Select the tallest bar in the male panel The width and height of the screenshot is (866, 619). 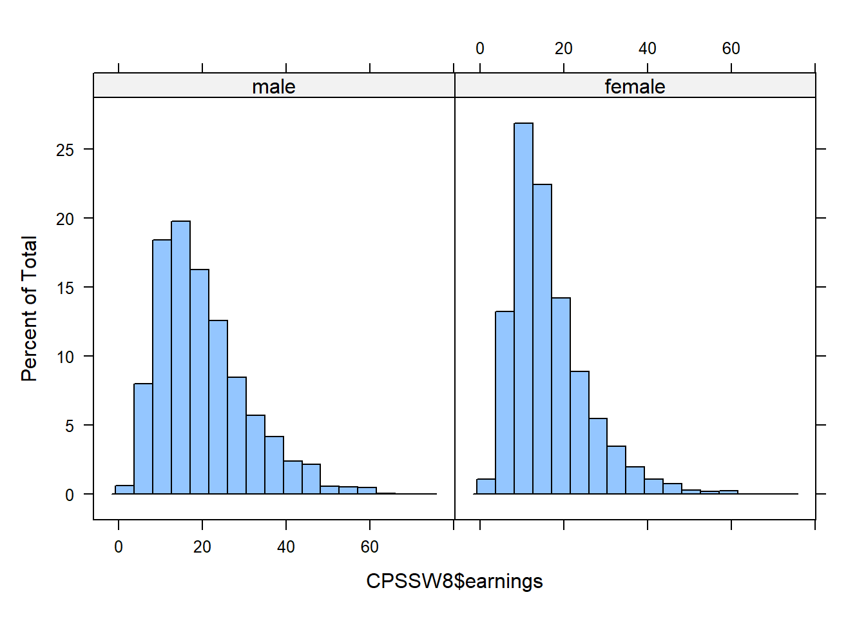(180, 358)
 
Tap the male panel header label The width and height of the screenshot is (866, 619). (274, 86)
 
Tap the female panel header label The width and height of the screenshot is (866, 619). (635, 86)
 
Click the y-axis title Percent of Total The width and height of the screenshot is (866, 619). (30, 309)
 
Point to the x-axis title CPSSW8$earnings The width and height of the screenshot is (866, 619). (454, 582)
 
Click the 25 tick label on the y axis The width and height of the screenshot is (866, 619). (65, 150)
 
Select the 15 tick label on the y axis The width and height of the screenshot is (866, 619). (65, 288)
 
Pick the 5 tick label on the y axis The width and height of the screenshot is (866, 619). (69, 426)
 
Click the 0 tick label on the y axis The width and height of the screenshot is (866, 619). (69, 495)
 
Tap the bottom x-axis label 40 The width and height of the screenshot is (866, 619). (285, 547)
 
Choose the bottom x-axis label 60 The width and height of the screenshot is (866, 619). (369, 547)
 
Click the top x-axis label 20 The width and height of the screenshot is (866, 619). (563, 49)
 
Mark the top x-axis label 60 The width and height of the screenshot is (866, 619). (731, 49)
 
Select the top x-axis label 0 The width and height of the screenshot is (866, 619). (480, 49)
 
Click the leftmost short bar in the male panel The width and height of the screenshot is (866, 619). (124, 490)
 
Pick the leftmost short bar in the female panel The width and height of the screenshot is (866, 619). (486, 487)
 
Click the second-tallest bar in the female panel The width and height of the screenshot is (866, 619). (542, 339)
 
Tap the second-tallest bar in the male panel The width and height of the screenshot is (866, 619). (162, 367)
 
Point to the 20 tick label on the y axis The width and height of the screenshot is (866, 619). (65, 219)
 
